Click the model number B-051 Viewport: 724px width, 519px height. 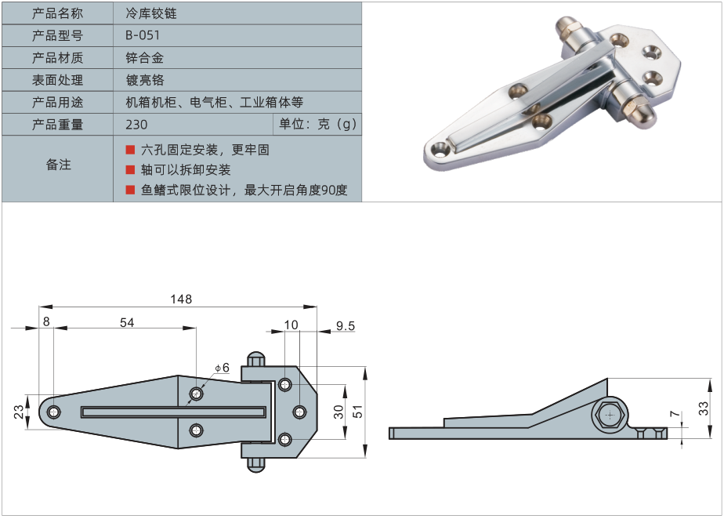pos(143,35)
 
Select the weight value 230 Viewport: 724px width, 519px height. pos(136,125)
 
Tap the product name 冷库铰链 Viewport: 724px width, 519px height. pos(151,13)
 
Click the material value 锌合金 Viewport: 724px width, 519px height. pos(144,58)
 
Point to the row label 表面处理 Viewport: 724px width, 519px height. pos(57,80)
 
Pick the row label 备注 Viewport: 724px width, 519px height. pos(58,164)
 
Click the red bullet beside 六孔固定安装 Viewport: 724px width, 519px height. pos(130,150)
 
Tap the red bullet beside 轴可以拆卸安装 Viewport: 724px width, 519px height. pos(130,170)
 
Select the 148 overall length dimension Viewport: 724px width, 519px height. pos(181,299)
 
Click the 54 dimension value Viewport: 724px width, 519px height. pos(127,322)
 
